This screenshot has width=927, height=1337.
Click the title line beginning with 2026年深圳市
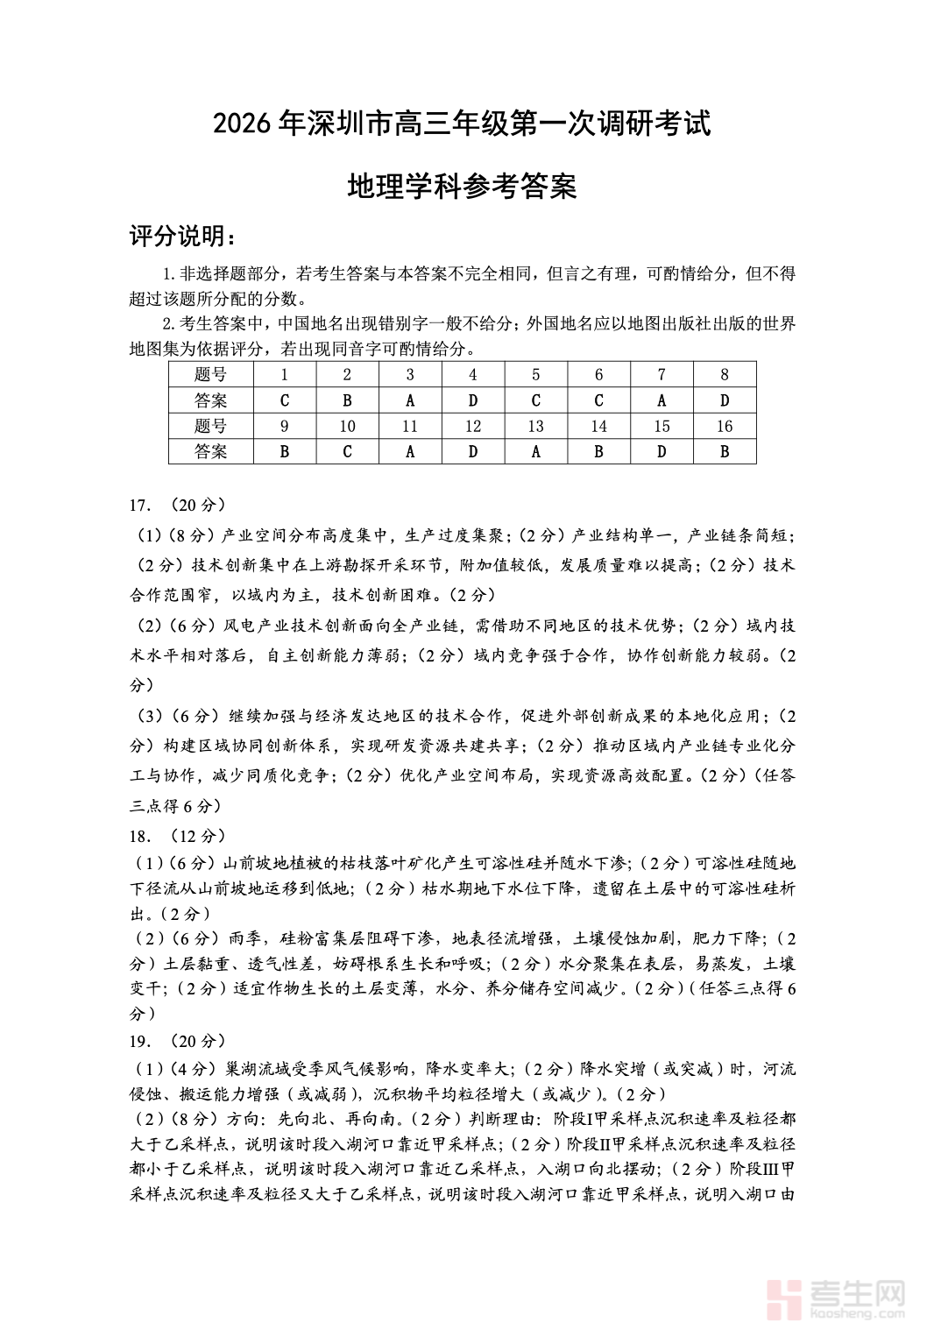coord(462,124)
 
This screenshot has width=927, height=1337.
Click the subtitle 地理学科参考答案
coord(462,186)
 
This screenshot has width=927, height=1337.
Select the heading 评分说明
coord(181,236)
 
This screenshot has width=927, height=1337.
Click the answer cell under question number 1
coord(284,400)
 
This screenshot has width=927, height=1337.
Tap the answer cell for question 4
coord(473,400)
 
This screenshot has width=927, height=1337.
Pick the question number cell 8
coord(725,375)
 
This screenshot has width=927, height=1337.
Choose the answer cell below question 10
coord(347,452)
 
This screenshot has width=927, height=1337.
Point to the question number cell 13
coord(535,427)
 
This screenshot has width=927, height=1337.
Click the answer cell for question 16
coord(725,452)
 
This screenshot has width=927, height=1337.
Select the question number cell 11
coord(410,427)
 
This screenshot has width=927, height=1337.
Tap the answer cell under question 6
coord(598,400)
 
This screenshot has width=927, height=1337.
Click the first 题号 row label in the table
coord(210,375)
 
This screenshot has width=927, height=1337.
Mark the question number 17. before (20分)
coord(140,506)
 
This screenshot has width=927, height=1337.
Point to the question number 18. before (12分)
coord(140,836)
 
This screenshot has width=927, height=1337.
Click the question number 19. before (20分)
coord(140,1042)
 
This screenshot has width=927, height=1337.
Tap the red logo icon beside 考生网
coord(784,1298)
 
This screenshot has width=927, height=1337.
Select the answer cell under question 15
coord(662,452)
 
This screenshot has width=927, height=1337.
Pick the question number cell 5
coord(535,375)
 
